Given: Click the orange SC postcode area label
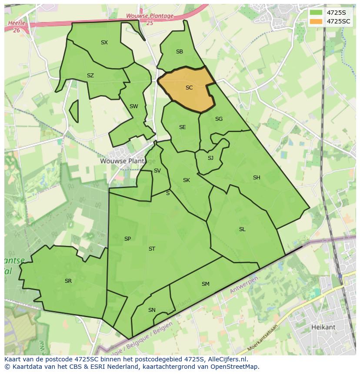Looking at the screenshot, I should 189,88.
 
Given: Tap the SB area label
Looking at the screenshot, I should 179,52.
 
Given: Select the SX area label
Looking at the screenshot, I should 104,43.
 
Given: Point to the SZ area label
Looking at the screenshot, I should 90,76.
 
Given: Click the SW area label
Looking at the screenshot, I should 133,106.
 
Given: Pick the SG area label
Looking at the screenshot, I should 219,119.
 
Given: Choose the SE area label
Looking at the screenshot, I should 182,127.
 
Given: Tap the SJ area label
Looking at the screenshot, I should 210,158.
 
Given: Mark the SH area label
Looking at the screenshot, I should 257,178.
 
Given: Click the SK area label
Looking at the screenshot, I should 186,180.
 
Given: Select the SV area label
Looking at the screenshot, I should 157,171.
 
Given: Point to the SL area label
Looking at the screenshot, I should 242,229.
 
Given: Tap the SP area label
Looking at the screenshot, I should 127,239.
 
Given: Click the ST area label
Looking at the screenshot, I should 152,249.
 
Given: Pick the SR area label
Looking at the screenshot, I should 68,281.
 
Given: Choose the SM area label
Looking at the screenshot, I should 205,284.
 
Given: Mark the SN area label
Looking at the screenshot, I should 151,310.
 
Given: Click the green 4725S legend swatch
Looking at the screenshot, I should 316,13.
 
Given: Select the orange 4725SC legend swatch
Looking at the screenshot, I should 316,21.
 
